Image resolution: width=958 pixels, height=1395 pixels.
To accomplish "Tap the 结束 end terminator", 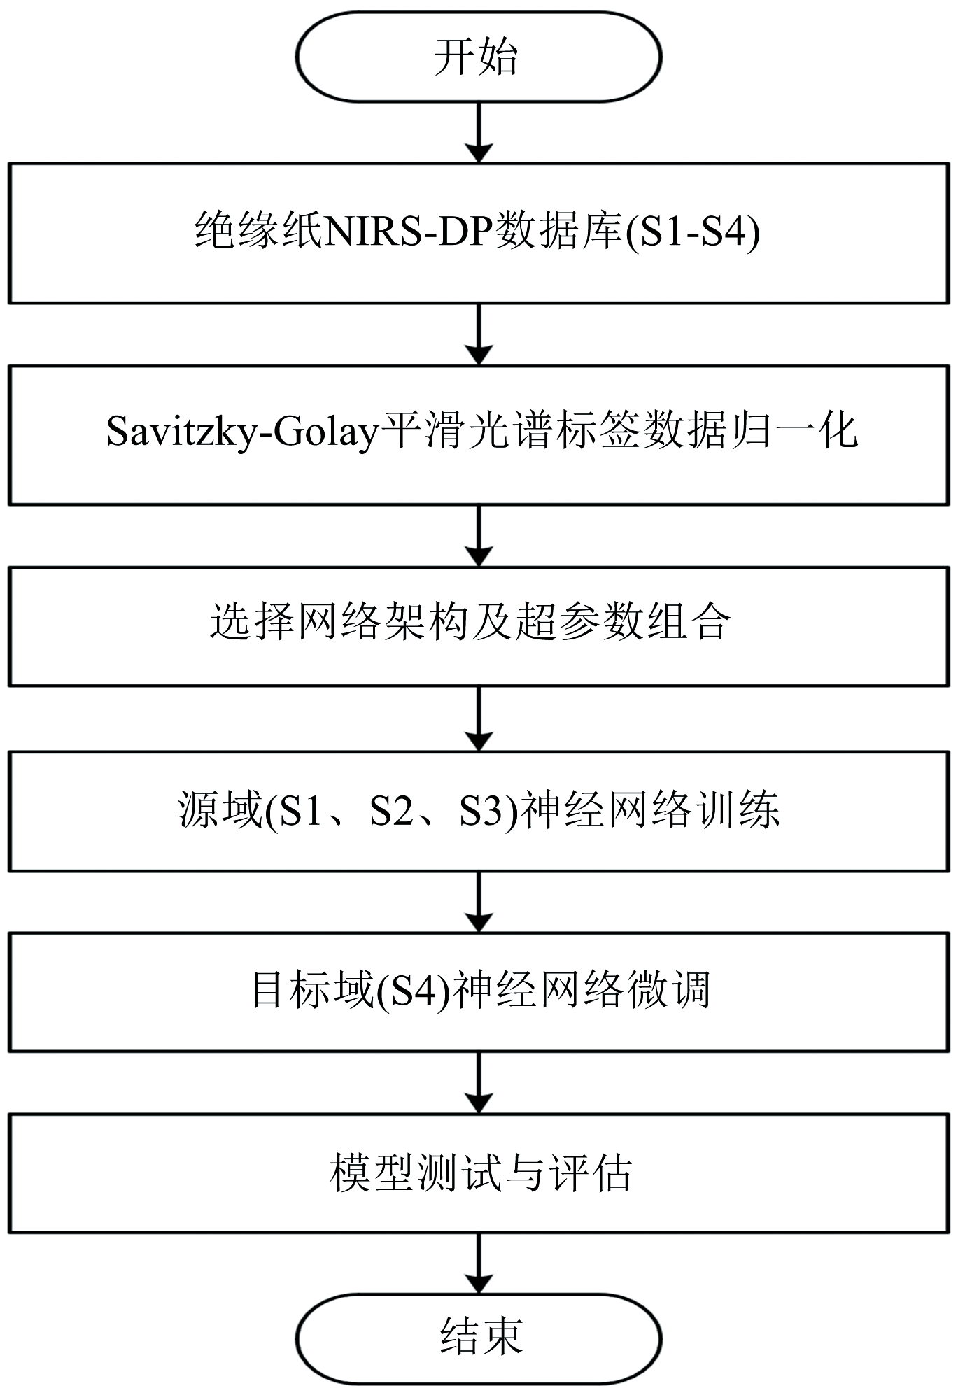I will (479, 1337).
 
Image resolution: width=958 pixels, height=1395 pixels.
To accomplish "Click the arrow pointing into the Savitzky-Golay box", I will (479, 334).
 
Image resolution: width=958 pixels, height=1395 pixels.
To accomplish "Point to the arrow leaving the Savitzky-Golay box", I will (479, 536).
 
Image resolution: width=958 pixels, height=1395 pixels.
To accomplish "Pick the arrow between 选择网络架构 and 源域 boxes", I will (479, 719).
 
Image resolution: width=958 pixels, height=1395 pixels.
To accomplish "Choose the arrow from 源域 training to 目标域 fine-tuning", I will (479, 902).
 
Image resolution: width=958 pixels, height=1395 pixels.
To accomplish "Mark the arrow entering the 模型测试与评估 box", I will (479, 1083).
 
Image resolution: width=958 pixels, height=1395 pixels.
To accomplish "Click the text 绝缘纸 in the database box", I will (258, 231).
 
